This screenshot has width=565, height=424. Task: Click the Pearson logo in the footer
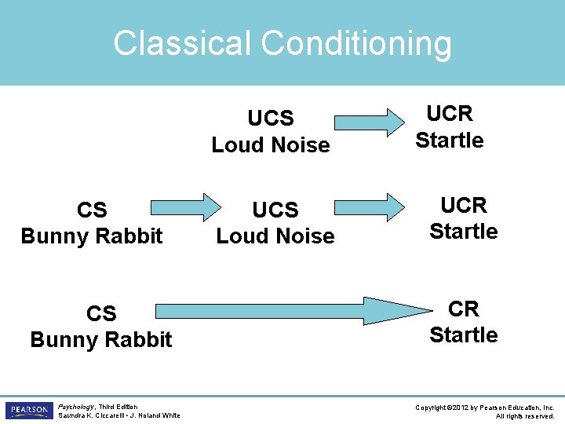(x=29, y=411)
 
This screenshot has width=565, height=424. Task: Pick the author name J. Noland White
(x=156, y=415)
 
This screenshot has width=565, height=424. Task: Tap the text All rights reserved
(x=525, y=415)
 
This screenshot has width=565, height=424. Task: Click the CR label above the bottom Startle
(x=464, y=309)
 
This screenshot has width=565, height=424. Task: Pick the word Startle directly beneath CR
(x=464, y=335)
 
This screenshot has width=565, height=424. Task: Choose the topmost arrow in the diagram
(x=366, y=122)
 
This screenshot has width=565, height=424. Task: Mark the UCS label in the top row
(x=271, y=119)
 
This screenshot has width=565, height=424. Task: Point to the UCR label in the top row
(x=450, y=114)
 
